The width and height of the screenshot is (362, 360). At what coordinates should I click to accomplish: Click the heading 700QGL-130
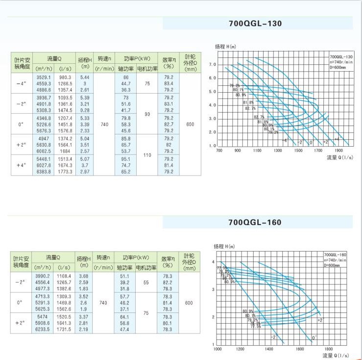click(x=255, y=23)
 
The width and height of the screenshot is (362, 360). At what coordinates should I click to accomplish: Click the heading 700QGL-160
click(x=255, y=222)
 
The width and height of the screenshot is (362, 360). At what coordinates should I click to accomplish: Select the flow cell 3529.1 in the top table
click(x=43, y=77)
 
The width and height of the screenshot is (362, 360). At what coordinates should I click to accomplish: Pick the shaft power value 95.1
click(x=126, y=159)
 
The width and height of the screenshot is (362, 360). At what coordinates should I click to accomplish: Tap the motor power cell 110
click(x=146, y=154)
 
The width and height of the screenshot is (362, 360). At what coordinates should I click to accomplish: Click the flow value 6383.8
click(x=43, y=171)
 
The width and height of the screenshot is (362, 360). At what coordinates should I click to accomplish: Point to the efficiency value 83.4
click(x=169, y=84)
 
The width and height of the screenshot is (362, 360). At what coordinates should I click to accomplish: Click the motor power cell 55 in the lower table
click(x=146, y=283)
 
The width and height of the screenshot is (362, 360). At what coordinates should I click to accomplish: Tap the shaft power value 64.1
click(x=125, y=318)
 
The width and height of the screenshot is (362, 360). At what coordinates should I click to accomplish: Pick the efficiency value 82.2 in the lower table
click(x=168, y=283)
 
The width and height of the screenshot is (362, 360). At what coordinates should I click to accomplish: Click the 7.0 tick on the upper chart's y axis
click(x=212, y=65)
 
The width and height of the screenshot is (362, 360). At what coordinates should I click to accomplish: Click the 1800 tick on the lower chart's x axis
click(x=329, y=349)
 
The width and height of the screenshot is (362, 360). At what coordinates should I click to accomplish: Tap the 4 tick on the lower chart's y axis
click(x=214, y=262)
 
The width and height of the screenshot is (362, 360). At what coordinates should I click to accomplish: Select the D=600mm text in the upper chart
click(x=337, y=67)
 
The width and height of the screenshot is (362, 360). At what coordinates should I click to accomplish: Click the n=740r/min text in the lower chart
click(x=336, y=260)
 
